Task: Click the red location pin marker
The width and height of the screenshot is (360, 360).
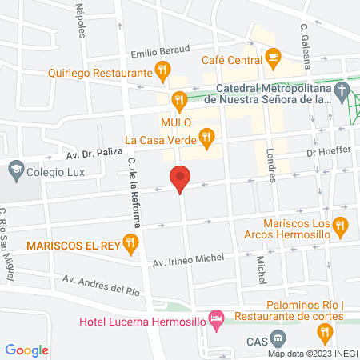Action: (x=180, y=178)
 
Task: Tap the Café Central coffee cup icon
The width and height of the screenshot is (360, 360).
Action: (x=274, y=56)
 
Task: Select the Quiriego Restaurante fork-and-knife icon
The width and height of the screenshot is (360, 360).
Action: (x=163, y=70)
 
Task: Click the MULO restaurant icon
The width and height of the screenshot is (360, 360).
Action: (x=179, y=101)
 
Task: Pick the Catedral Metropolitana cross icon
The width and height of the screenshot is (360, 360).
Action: (x=343, y=88)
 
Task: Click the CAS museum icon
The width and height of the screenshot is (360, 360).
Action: (x=278, y=338)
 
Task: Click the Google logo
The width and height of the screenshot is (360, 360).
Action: (x=27, y=350)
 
